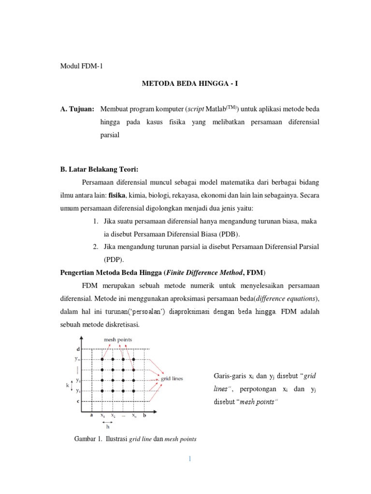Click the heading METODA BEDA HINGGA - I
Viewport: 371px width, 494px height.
coord(190,83)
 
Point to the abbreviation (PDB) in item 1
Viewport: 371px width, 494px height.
coord(229,234)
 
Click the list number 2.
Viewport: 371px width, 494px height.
coord(96,247)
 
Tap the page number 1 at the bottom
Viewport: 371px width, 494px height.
coord(190,459)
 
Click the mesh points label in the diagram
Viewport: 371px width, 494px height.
coord(118,340)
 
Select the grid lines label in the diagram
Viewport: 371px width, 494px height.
coord(172,379)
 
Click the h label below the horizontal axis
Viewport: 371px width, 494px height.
coord(107,426)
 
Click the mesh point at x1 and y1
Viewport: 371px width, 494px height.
coord(102,391)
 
